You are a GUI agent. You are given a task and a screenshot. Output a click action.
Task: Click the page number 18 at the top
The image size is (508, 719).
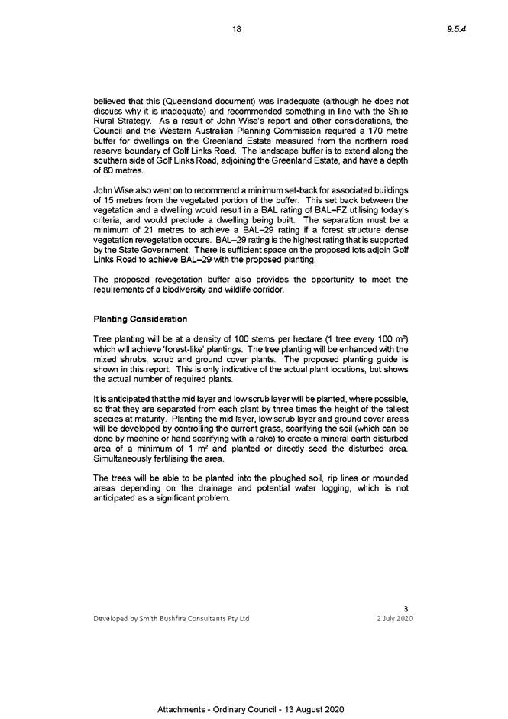tap(237, 29)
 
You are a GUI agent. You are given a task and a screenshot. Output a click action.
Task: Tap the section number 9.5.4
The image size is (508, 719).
tap(457, 29)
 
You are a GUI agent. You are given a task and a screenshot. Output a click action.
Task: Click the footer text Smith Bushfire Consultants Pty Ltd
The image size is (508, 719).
tap(194, 619)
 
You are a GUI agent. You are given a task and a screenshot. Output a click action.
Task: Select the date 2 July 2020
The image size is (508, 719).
tap(395, 619)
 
